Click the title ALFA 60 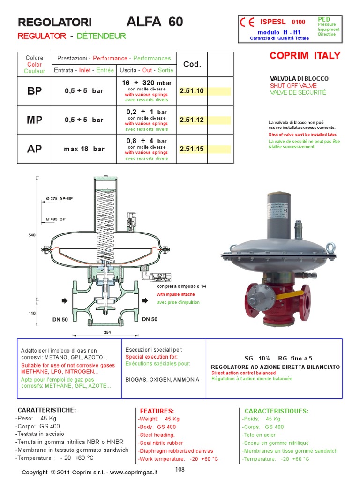(155, 22)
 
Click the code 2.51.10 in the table (192, 91)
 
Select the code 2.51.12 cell (192, 120)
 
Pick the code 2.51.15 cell (192, 149)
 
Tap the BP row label (34, 91)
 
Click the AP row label (34, 149)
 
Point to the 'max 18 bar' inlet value (84, 149)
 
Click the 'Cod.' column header (192, 64)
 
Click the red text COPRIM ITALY (305, 56)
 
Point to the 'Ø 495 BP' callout (56, 219)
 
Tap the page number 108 (180, 469)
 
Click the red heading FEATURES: (157, 411)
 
